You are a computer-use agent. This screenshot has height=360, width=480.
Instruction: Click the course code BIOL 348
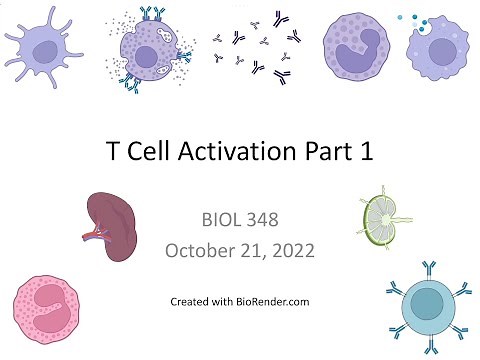click(x=240, y=216)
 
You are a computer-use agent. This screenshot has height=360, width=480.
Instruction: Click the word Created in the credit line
click(x=189, y=300)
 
